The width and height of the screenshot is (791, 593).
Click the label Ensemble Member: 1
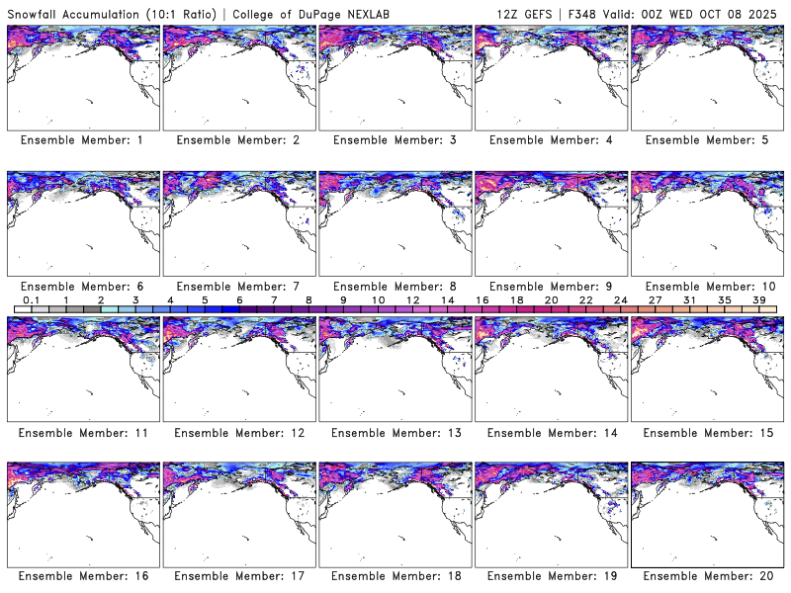[82, 140]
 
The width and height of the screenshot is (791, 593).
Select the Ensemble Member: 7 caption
[237, 286]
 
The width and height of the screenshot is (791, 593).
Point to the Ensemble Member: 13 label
[394, 432]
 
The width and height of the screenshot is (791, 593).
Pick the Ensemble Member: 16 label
[82, 576]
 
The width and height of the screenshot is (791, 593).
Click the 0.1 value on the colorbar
[31, 299]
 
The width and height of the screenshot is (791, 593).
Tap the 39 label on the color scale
[759, 299]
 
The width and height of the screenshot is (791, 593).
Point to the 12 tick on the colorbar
[412, 299]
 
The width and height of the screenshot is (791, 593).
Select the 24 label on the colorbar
[620, 299]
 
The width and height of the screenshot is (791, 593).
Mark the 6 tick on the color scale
[238, 299]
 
